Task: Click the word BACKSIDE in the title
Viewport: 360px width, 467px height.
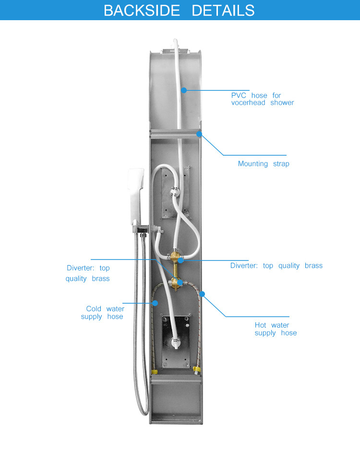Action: coord(142,11)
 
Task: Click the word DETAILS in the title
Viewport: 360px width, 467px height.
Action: coord(223,11)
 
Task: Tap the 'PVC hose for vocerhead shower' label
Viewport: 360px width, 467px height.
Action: coord(263,99)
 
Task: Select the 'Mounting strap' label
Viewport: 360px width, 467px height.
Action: coord(264,164)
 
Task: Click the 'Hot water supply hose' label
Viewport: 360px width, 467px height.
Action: coord(276,329)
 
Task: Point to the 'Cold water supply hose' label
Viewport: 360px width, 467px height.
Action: coord(103,313)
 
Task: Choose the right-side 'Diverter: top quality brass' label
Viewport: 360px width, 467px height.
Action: coord(276,266)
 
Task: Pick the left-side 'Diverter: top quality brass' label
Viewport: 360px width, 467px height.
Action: coord(88,273)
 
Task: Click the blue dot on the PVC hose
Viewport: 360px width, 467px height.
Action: coord(184,90)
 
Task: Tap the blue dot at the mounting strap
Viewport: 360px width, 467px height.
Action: coord(199,134)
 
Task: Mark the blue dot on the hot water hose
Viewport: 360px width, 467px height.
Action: coord(202,294)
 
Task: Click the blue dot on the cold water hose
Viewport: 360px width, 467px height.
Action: coord(155,303)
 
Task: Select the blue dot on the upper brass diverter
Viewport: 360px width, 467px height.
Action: coord(180,260)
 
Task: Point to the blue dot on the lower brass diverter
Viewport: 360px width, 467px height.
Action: coord(180,282)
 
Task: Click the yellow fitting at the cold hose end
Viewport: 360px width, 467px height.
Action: coord(155,372)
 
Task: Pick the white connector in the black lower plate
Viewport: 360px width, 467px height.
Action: coord(175,343)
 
